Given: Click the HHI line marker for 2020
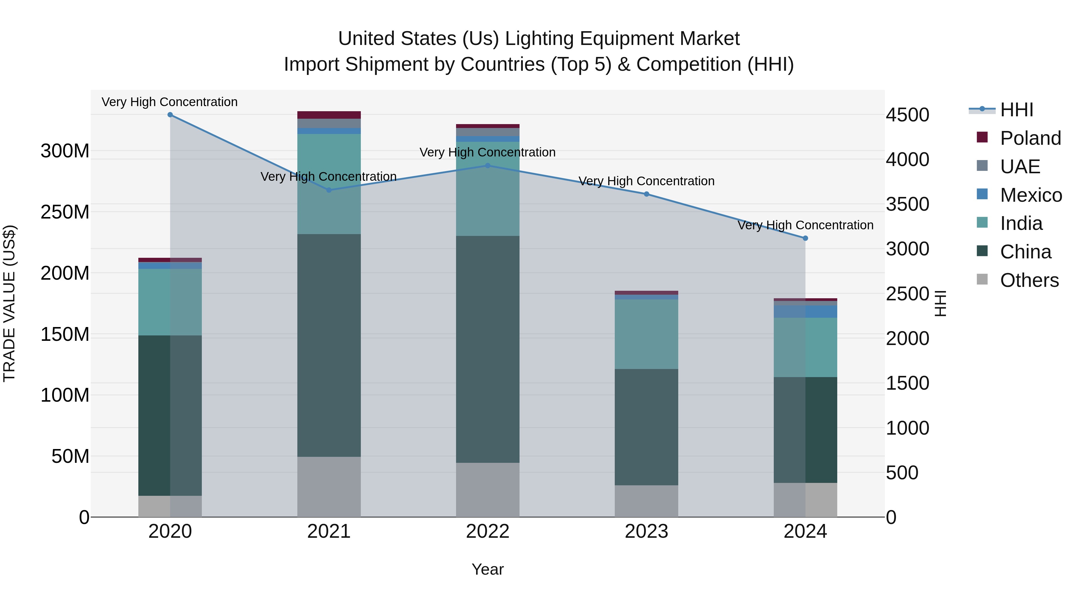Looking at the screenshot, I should (170, 115).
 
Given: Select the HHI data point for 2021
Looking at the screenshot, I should (329, 190).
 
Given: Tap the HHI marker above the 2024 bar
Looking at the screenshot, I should (805, 238).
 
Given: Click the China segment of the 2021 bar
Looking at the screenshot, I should (329, 345).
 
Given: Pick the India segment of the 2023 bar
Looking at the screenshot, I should (646, 334).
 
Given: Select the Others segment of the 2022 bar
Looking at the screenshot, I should (487, 490).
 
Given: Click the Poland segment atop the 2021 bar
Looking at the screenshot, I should (329, 115).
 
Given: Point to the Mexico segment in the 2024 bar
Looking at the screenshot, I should (805, 312).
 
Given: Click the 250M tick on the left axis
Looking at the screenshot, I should (65, 212).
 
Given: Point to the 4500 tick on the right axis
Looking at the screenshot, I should (908, 115).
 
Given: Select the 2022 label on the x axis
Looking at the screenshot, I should (487, 531).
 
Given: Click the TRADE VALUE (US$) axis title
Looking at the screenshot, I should (9, 303).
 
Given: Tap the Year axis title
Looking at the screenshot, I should (487, 569).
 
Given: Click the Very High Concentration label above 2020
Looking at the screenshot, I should (169, 102).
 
